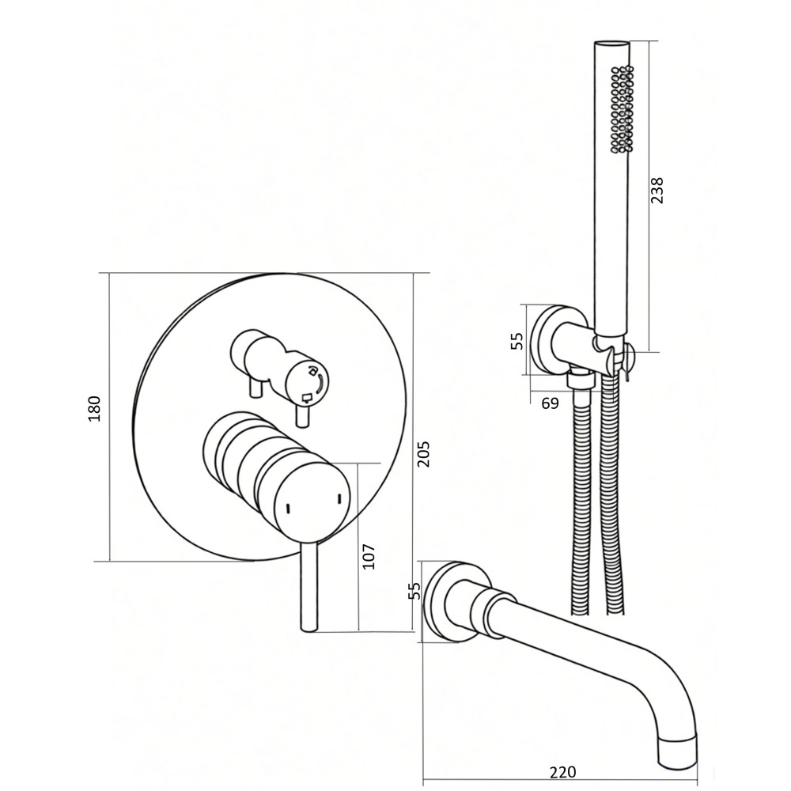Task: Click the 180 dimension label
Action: (x=95, y=409)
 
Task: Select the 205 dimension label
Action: (x=424, y=454)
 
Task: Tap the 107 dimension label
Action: (x=369, y=557)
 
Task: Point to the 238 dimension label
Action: (x=657, y=190)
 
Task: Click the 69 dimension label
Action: (x=551, y=403)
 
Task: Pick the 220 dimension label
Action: (x=562, y=772)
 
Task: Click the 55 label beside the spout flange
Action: (x=414, y=591)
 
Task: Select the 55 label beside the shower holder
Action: (x=517, y=341)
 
